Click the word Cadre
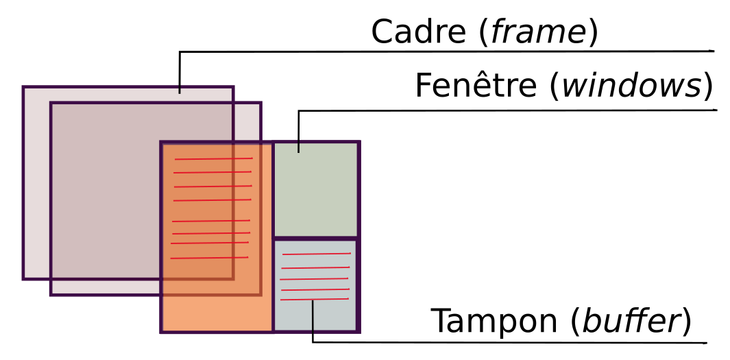pos(419,32)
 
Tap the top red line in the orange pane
pos(213,159)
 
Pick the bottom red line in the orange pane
pos(209,258)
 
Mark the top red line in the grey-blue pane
pos(316,254)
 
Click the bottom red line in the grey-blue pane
pos(315,299)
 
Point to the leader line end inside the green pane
pos(299,151)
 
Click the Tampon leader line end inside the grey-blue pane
pos(313,302)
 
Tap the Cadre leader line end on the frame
pos(180,92)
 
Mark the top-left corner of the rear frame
pos(24,88)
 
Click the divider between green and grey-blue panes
pos(316,238)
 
